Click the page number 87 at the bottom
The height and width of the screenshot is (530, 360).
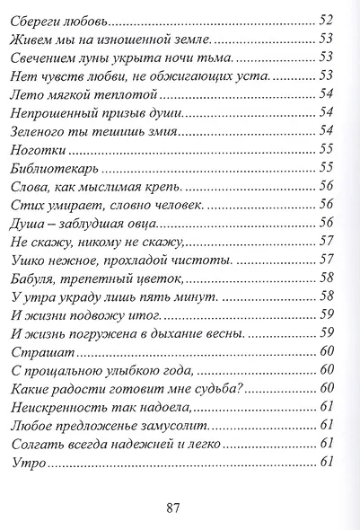point(174,508)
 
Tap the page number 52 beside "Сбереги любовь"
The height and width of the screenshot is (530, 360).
point(328,19)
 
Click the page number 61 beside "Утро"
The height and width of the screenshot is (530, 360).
point(328,463)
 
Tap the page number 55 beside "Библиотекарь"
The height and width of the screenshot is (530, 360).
point(328,168)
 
